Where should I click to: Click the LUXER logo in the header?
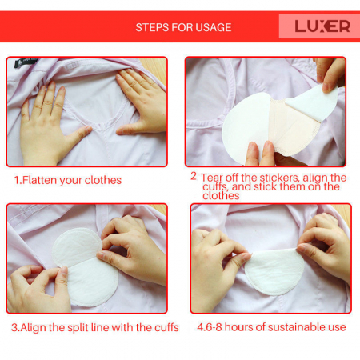[x=322, y=26]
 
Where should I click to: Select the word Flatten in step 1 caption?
[x=39, y=180]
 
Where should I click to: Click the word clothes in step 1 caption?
[x=103, y=180]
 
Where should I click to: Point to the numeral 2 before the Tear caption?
[x=194, y=176]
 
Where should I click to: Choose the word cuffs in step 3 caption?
[x=166, y=327]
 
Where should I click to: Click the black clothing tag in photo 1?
[x=26, y=62]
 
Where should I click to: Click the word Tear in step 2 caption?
[x=211, y=178]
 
